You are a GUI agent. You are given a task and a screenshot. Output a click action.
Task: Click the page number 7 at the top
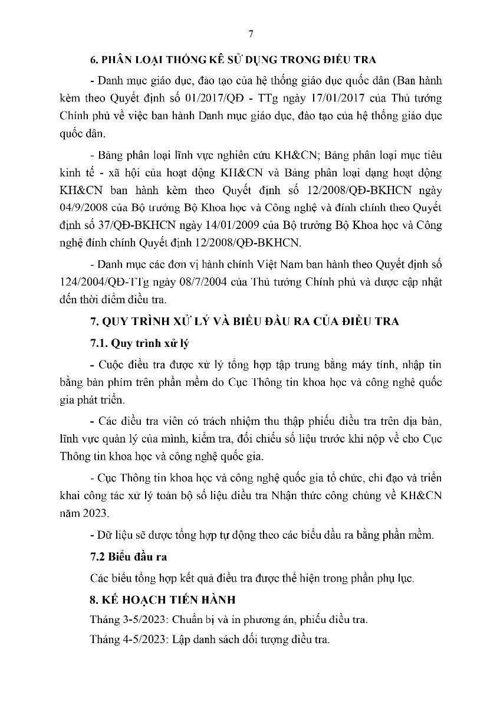250,34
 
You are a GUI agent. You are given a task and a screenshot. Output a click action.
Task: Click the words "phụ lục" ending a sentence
399,578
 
